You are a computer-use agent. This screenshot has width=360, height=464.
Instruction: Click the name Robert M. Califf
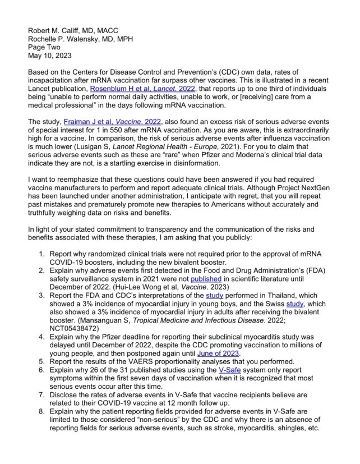tap(57, 31)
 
